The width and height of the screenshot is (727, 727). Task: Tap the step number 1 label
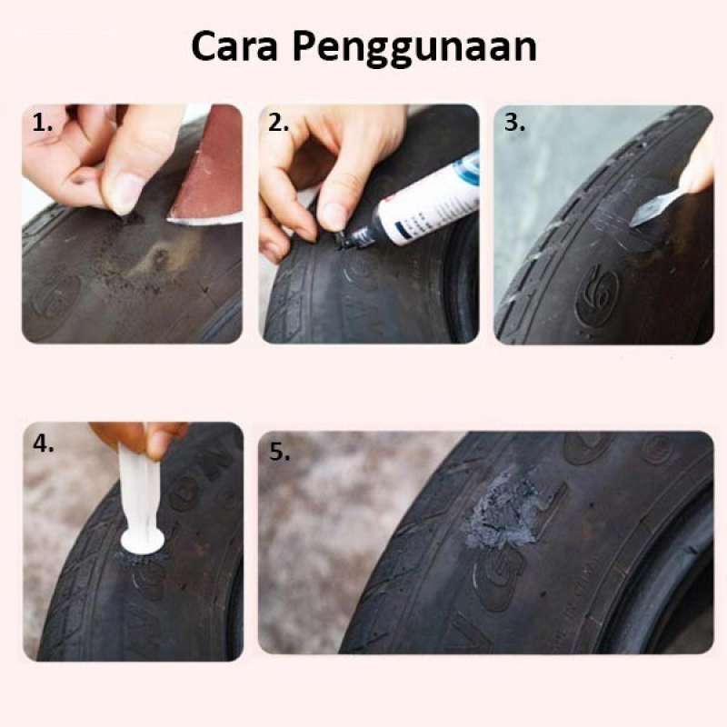click(42, 124)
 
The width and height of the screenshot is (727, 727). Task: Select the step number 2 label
click(278, 124)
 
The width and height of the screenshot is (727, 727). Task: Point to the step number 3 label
click(514, 124)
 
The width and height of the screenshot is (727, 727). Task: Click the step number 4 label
click(42, 444)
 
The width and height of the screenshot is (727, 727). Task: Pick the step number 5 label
click(278, 452)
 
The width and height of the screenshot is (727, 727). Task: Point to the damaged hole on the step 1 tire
click(161, 258)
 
